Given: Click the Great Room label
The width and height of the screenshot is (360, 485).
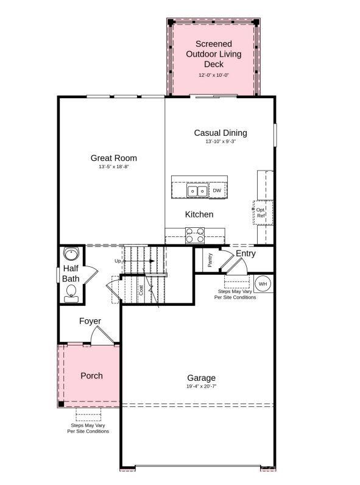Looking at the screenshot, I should pyautogui.click(x=113, y=158).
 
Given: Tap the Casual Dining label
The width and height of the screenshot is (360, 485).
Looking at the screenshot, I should pyautogui.click(x=221, y=133).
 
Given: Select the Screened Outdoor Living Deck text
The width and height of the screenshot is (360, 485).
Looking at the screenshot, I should pyautogui.click(x=213, y=54).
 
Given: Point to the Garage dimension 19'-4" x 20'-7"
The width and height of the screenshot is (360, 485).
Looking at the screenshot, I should pyautogui.click(x=201, y=387).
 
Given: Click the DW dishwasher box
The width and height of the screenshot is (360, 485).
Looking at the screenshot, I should pyautogui.click(x=217, y=191).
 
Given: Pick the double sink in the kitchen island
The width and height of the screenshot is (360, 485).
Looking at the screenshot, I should pyautogui.click(x=197, y=191).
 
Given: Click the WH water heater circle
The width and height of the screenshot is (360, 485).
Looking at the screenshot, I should pyautogui.click(x=263, y=283).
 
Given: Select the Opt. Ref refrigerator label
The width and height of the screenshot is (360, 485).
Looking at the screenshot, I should pyautogui.click(x=260, y=213).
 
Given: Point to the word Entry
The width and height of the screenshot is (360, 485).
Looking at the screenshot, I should pyautogui.click(x=245, y=253).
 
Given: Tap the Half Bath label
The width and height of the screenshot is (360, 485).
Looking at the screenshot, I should pyautogui.click(x=71, y=274).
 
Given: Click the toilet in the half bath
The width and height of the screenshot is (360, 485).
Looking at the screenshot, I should pyautogui.click(x=71, y=292).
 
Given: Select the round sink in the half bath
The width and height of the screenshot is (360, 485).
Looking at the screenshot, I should pyautogui.click(x=71, y=253).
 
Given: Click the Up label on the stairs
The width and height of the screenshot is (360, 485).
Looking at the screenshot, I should pyautogui.click(x=118, y=261).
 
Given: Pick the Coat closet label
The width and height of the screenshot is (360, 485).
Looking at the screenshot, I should pyautogui.click(x=141, y=290).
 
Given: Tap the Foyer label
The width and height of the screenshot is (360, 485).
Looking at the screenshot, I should pyautogui.click(x=90, y=321).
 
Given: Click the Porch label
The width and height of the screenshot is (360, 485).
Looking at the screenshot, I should pyautogui.click(x=91, y=375).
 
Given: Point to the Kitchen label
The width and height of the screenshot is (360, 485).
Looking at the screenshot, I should pyautogui.click(x=199, y=214).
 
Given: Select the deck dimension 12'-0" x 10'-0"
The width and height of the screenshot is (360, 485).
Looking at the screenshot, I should pyautogui.click(x=213, y=75).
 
